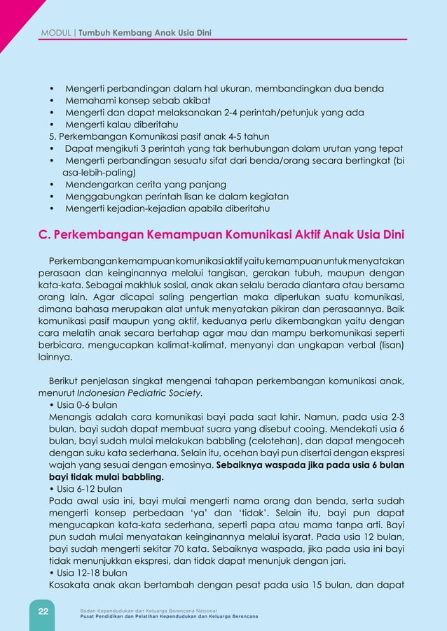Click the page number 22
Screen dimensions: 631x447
(x=43, y=611)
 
